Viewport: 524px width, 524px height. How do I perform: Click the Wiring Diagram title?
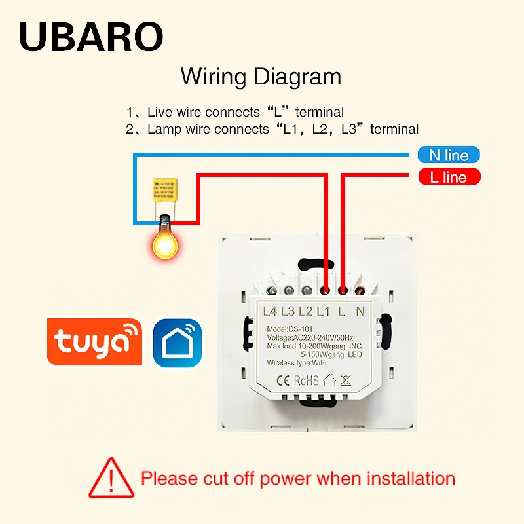(x=261, y=77)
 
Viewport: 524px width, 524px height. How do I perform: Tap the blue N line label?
(x=449, y=156)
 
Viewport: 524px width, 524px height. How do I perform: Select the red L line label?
(x=449, y=177)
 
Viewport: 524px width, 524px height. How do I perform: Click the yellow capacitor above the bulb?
(x=164, y=191)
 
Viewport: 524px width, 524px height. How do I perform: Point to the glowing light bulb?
(x=164, y=240)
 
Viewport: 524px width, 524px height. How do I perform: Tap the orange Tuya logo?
(x=94, y=342)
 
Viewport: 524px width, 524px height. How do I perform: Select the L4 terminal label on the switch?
(x=271, y=311)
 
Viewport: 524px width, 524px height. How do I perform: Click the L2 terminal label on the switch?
(x=307, y=311)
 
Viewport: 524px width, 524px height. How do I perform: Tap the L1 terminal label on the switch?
(x=325, y=311)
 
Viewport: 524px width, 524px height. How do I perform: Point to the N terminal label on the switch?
(x=360, y=311)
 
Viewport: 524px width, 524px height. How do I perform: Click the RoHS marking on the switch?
(x=305, y=380)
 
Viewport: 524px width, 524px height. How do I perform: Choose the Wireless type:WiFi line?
(x=297, y=362)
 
